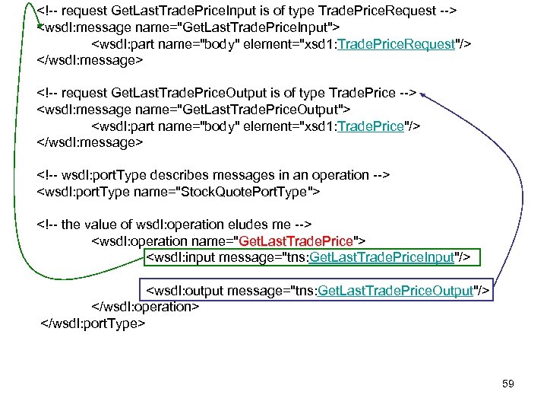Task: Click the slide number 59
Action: tap(508, 384)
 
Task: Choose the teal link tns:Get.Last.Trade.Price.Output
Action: tap(397, 291)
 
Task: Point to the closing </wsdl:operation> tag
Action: tap(145, 306)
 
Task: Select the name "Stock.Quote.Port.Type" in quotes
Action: tap(255, 191)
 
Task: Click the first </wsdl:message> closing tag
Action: tap(90, 60)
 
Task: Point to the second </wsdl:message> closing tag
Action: tap(90, 142)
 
